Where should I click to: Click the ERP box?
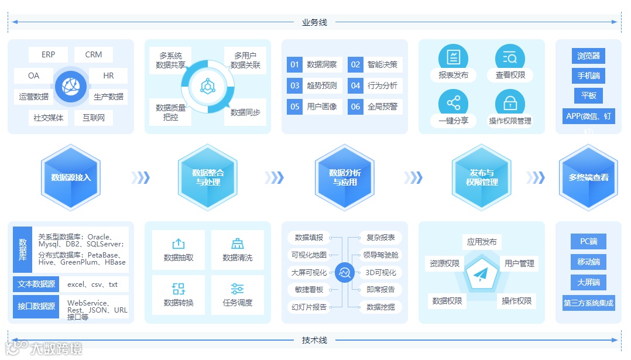pyautogui.click(x=48, y=55)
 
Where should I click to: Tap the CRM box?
pyautogui.click(x=94, y=55)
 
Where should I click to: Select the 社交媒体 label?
pyautogui.click(x=49, y=118)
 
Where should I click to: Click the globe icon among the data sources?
pyautogui.click(x=70, y=86)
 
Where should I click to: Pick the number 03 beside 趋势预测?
pyautogui.click(x=294, y=85)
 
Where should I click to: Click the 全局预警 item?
pyautogui.click(x=382, y=107)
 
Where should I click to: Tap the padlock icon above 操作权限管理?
pyautogui.click(x=510, y=104)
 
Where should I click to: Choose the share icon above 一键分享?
pyautogui.click(x=453, y=104)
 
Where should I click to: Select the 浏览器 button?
pyautogui.click(x=588, y=56)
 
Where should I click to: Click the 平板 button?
pyautogui.click(x=588, y=95)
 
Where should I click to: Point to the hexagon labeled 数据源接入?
pyautogui.click(x=71, y=177)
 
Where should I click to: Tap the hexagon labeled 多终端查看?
pyautogui.click(x=588, y=177)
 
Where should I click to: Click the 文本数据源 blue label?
pyautogui.click(x=36, y=284)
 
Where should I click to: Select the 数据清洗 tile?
pyautogui.click(x=238, y=251)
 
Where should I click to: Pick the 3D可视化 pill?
pyautogui.click(x=380, y=272)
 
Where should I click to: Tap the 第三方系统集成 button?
pyautogui.click(x=588, y=303)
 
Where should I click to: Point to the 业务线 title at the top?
pyautogui.click(x=314, y=22)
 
